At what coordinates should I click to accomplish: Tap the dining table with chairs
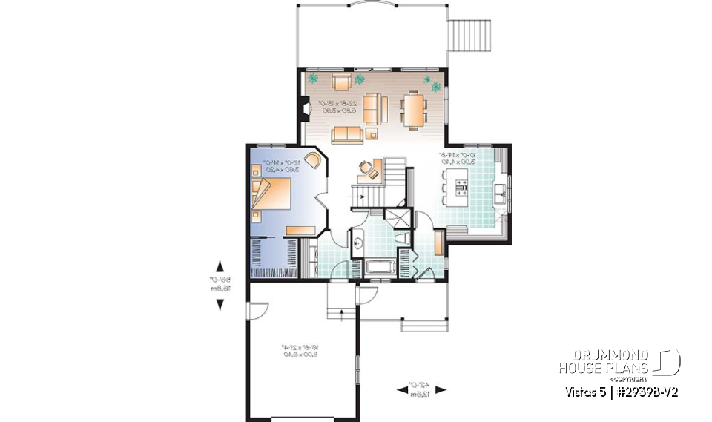[412, 108]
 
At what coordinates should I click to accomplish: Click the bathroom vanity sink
[357, 241]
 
